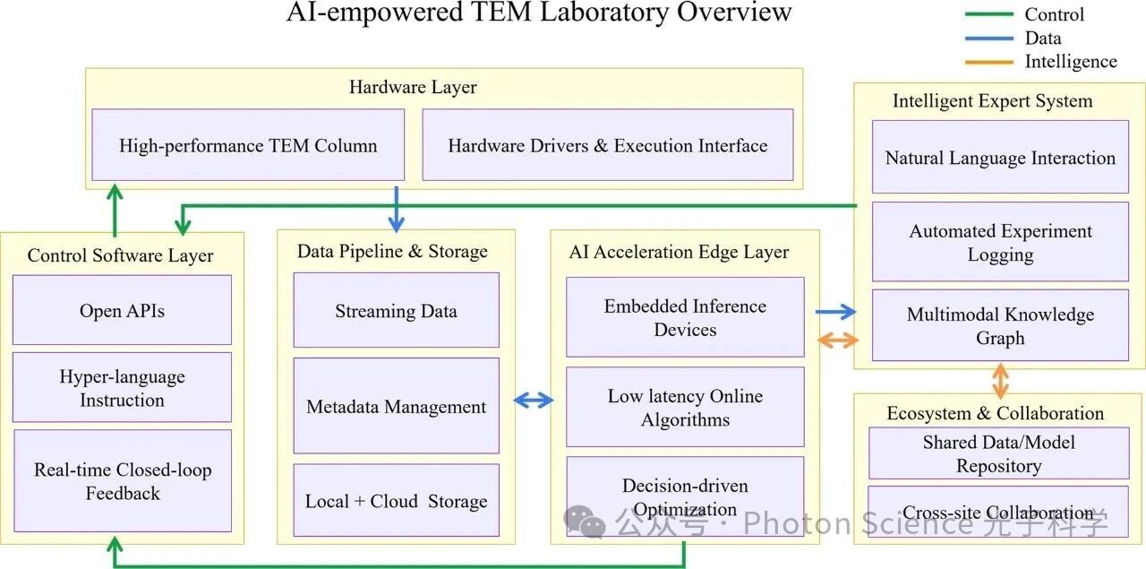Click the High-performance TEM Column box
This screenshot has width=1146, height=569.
248,145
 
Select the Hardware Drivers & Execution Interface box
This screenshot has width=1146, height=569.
607,145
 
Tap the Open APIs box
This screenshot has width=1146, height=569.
122,310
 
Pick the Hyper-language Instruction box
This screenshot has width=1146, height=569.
122,388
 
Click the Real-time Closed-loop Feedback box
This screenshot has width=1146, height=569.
122,481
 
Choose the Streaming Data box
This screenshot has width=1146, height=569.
396,311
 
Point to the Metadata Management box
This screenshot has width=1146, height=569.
396,406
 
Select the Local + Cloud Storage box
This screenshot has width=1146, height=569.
396,501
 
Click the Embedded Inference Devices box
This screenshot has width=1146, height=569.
685,317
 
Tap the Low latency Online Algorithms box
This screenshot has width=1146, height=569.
685,408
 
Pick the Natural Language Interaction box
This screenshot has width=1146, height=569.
1000,158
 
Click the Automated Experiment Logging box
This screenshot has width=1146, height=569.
1000,242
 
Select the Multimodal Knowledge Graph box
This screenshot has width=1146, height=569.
1000,326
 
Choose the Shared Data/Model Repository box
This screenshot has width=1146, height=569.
999,453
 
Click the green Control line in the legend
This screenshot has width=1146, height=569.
989,14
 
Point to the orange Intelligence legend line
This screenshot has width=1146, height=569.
989,62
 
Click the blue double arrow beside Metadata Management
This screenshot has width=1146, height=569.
534,401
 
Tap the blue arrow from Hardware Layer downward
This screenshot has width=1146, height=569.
396,208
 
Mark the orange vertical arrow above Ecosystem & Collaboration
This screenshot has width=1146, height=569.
1000,380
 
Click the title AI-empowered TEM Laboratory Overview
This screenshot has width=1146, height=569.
539,13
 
